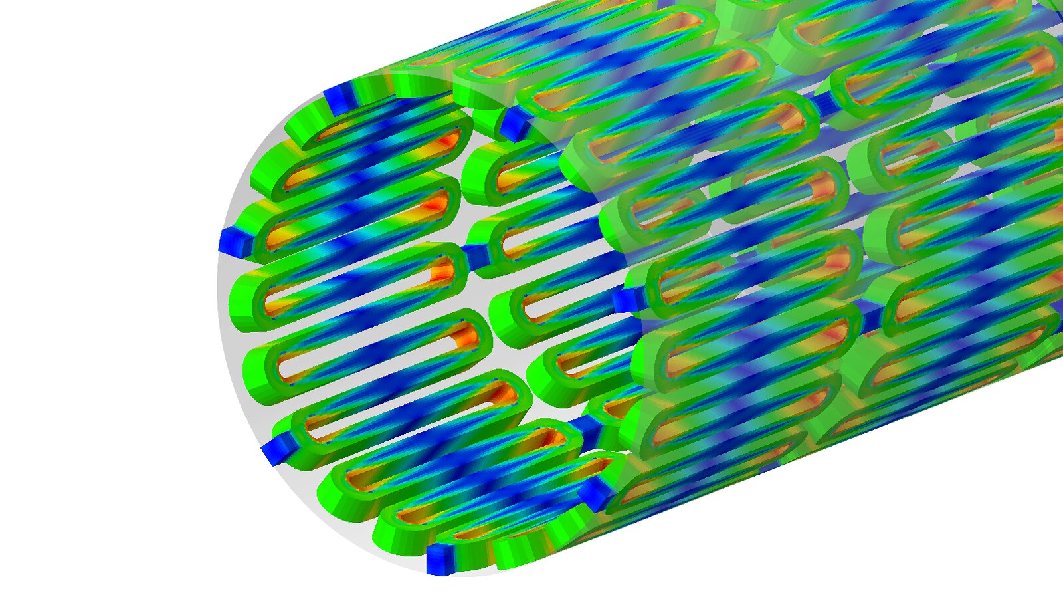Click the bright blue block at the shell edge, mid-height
[x=625, y=299]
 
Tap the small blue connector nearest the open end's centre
[x=474, y=256]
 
